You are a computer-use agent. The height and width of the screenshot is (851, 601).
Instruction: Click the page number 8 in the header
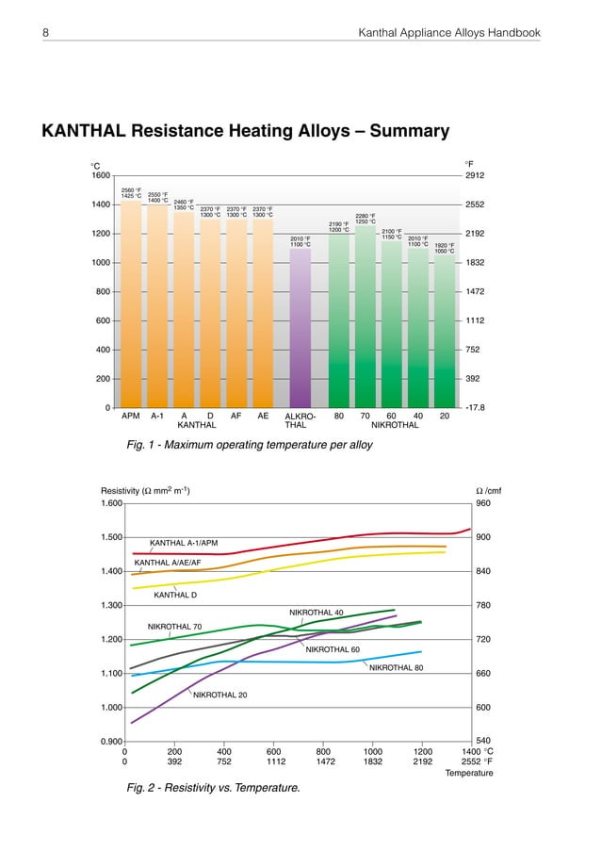tap(45, 34)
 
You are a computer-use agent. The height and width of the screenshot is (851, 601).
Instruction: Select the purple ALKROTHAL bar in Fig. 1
tap(300, 330)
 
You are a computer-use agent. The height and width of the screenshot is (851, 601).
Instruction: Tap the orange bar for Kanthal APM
tap(131, 311)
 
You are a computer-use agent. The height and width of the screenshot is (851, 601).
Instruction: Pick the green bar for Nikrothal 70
tap(365, 320)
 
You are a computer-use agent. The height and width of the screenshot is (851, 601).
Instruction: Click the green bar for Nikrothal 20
tap(445, 330)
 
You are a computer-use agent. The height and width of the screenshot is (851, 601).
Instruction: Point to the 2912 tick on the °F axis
tap(479, 175)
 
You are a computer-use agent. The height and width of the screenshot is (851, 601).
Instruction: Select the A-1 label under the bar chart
tap(157, 416)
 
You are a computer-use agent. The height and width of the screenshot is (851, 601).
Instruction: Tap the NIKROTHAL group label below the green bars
tap(391, 426)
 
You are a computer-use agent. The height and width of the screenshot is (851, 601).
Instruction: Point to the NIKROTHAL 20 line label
tap(220, 696)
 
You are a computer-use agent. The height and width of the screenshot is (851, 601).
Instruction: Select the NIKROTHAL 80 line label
tap(397, 668)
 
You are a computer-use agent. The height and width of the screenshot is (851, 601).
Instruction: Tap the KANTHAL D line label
tap(175, 596)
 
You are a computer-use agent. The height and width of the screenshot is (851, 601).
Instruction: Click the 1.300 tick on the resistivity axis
tap(109, 605)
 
